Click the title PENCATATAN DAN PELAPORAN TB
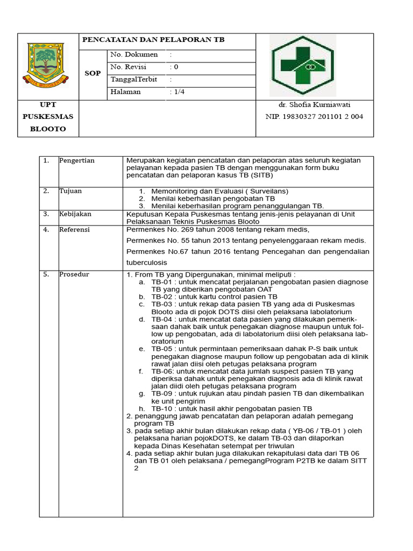point(153,40)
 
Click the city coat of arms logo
point(48,65)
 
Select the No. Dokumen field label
point(134,54)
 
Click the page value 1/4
point(179,91)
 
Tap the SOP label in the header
point(92,73)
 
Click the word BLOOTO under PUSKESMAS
point(48,129)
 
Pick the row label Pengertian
point(76,160)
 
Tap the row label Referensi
point(75,229)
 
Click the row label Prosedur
point(74,274)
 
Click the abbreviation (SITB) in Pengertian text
point(260,175)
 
